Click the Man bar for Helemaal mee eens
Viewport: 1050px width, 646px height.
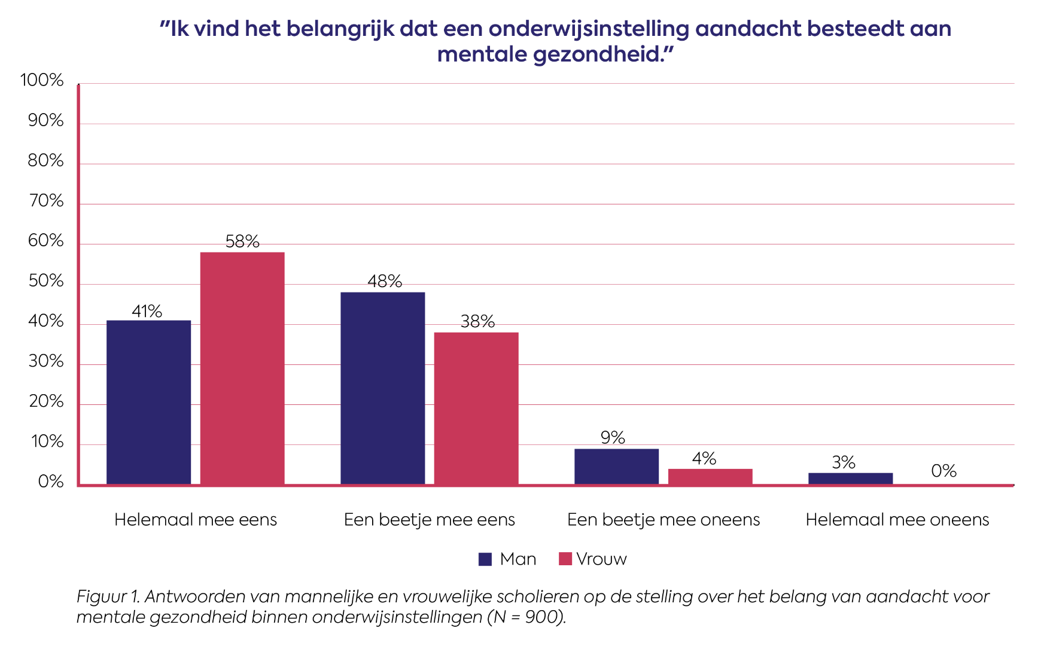pos(148,403)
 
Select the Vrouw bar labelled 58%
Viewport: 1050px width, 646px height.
pos(242,368)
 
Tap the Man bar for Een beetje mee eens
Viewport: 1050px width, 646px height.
pos(383,388)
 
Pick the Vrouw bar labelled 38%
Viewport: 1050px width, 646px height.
pos(476,409)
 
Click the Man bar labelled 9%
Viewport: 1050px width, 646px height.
pos(616,467)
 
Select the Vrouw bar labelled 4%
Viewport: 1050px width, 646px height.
pos(710,477)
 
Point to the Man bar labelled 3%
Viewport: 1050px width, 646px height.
pos(850,479)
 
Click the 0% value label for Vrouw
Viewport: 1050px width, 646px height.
pos(944,471)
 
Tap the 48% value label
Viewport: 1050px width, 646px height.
pos(385,281)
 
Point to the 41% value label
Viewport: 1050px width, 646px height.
pos(147,311)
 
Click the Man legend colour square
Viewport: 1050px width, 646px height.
pos(485,559)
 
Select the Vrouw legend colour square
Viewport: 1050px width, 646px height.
pos(565,559)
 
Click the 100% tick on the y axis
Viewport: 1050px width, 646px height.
pos(42,80)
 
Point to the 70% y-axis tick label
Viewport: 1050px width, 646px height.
pos(46,201)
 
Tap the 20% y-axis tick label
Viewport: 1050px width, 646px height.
pos(46,401)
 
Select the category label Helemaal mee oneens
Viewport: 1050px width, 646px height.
pos(897,520)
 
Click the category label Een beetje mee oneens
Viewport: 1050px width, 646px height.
pos(664,520)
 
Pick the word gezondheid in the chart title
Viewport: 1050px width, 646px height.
pos(603,55)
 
